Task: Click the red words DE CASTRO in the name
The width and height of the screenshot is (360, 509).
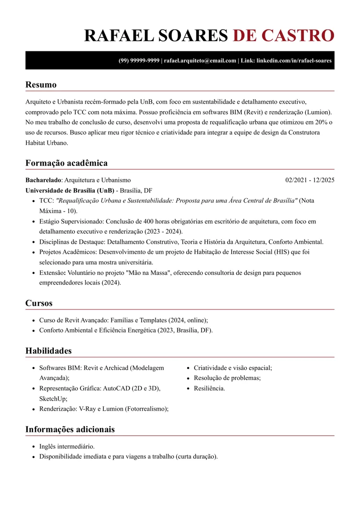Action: [x=283, y=36]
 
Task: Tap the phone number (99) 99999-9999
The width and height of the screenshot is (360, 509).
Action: [x=139, y=61]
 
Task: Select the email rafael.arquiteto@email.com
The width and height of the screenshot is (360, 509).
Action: [x=200, y=61]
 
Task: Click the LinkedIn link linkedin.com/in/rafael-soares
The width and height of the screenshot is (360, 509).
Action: [x=294, y=61]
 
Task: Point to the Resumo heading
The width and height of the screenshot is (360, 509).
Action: [x=41, y=85]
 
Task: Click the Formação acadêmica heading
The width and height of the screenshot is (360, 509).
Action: [x=66, y=163]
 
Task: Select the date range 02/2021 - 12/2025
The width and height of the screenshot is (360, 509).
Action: [x=310, y=180]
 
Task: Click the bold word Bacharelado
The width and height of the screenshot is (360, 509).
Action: [x=43, y=180]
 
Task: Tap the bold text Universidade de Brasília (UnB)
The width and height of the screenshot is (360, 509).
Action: [x=70, y=190]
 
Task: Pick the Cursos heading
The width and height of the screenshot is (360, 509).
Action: [x=39, y=303]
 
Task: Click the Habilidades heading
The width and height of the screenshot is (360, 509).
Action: [x=48, y=351]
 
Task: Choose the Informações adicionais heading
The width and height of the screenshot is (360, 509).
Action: [x=70, y=429]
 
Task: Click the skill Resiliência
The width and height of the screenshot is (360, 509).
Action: [x=209, y=388]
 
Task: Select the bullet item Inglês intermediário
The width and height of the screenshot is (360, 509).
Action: [x=67, y=446]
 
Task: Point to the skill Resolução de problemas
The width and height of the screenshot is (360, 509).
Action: [x=227, y=378]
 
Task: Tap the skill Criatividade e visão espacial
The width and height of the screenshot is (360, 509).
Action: [x=233, y=368]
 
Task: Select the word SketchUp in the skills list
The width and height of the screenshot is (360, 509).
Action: [x=53, y=399]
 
